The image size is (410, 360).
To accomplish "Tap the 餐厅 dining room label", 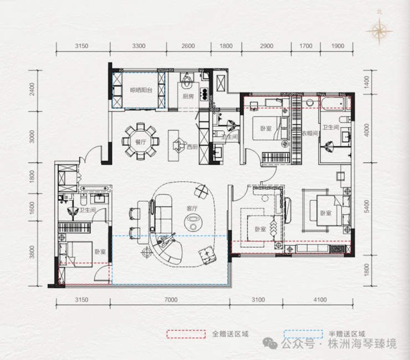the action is coord(140,142).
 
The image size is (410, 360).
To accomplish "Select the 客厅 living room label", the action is coord(192,209).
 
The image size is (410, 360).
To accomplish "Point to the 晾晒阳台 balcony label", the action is coord(141,90).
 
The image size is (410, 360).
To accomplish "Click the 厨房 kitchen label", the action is coord(188,97).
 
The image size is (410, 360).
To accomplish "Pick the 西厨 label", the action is coord(192,147).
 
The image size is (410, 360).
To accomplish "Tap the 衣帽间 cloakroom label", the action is coord(310,133).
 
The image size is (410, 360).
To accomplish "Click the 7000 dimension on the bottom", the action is coord(171,300).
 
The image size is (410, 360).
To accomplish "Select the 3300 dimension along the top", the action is coord(139,46).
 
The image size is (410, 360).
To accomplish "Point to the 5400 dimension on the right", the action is coord(367,206).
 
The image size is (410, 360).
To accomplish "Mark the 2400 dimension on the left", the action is coord(32,89).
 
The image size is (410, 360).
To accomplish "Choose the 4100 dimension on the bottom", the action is coord(320,300).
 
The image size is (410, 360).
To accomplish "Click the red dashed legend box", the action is coord(186,334).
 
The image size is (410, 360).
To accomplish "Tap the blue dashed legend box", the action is coord(303,334).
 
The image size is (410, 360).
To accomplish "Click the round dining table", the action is coord(140,141).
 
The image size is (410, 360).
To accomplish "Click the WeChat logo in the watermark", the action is coord(270,343).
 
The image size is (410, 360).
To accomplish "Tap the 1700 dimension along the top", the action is coord(306,46).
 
